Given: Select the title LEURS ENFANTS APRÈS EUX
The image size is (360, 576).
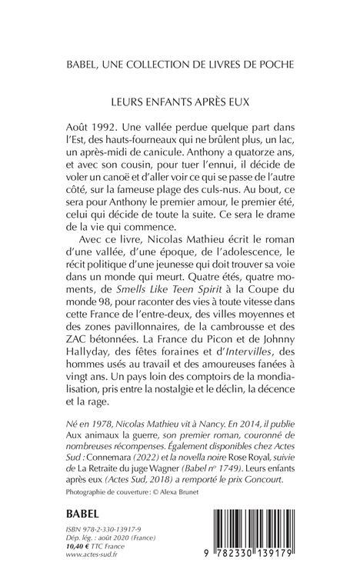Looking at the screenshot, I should pyautogui.click(x=179, y=99).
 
